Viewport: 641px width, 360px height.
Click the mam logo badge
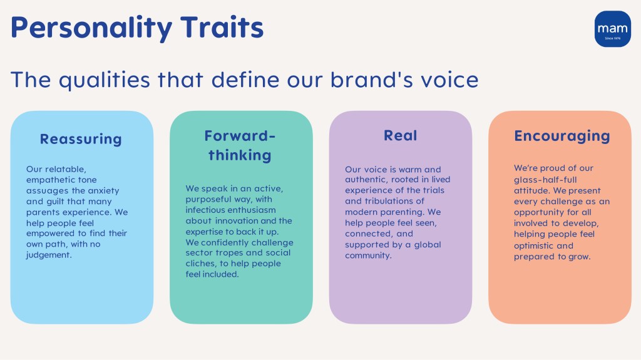coord(612,29)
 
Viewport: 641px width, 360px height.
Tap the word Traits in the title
coord(222,27)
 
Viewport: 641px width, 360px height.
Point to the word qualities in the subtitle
coord(105,80)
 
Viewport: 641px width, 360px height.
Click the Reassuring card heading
coord(81,139)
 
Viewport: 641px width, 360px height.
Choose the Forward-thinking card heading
coord(240,146)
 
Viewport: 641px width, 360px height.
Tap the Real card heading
coord(400,135)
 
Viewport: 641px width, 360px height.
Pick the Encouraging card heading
coord(562,136)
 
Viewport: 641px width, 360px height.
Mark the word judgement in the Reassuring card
coord(49,255)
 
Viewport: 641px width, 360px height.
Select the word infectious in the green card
coord(206,210)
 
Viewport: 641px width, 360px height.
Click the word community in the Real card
coord(368,255)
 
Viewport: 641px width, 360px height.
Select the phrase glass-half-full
coord(545,180)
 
